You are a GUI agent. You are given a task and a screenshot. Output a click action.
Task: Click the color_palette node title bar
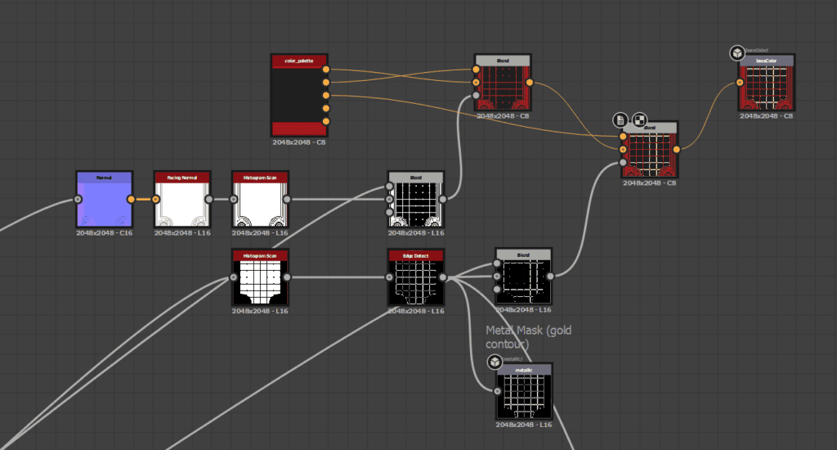(x=299, y=61)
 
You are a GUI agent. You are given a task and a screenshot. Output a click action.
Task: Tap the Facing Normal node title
(x=182, y=177)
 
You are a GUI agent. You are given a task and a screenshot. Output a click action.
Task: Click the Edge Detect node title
(x=416, y=255)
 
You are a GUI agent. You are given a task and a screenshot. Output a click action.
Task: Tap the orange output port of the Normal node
(x=132, y=199)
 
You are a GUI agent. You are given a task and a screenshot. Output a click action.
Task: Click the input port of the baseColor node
(x=741, y=83)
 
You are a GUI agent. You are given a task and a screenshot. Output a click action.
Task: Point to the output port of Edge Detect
(x=443, y=277)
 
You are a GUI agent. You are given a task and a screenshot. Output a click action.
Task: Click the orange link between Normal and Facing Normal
(x=143, y=199)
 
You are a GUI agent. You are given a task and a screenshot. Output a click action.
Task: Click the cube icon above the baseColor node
(x=736, y=53)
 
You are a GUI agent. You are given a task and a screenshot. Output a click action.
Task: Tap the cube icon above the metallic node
(x=495, y=362)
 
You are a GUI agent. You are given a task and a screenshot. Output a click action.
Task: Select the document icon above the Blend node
(x=621, y=119)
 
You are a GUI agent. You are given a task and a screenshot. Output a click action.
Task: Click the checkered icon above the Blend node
(x=640, y=119)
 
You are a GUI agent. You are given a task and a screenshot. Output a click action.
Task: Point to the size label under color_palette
(x=299, y=142)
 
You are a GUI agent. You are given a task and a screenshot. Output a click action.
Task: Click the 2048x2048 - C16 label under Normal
(x=105, y=233)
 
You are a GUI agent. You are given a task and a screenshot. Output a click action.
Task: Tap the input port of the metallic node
(x=498, y=390)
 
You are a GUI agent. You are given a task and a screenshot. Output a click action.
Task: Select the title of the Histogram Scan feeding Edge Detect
(x=260, y=255)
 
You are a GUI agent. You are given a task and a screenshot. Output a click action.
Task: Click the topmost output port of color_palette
(x=326, y=69)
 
